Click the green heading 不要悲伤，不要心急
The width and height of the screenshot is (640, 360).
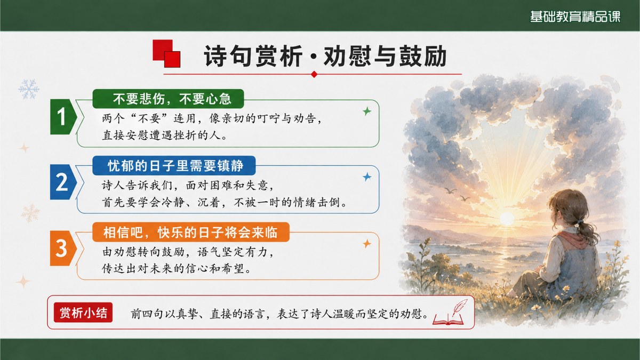coord(169,99)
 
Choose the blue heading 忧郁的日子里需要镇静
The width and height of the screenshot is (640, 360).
coord(174,165)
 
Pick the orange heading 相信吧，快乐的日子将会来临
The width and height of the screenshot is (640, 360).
coord(191,232)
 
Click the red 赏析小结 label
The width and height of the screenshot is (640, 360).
coord(83,313)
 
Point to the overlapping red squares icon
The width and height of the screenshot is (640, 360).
coord(166,54)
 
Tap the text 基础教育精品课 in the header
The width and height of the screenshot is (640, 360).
coord(575,17)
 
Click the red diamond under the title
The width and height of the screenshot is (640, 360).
coord(314,74)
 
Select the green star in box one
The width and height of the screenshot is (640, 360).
coord(367,111)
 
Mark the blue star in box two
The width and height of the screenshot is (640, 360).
coord(367,177)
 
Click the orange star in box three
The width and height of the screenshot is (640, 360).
coord(367,244)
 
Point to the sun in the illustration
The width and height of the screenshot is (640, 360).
coord(507,219)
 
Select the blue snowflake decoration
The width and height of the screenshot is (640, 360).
coord(29,89)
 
